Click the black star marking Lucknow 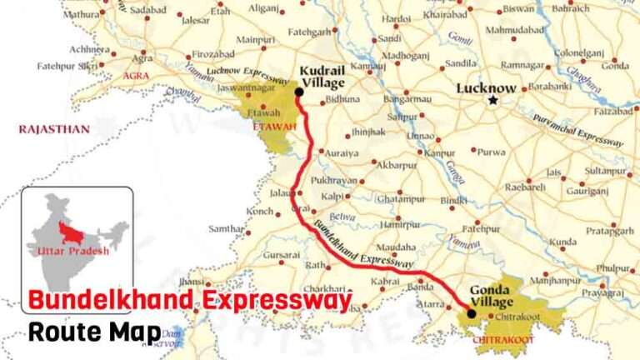point(492,100)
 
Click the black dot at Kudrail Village point(299,92)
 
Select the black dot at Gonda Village point(471,314)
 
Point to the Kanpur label point(441,152)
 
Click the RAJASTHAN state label point(54,129)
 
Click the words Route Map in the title point(94,332)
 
